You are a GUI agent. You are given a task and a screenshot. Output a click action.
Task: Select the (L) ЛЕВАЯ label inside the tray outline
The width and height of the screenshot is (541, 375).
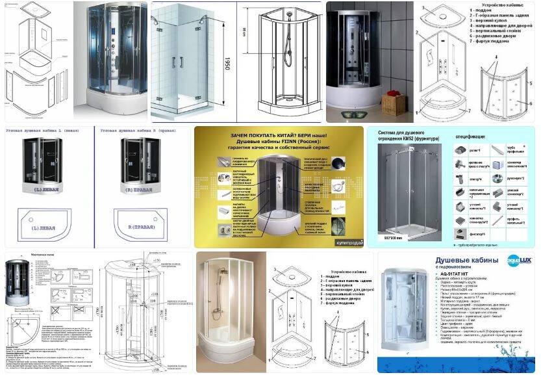pyautogui.click(x=46, y=229)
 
